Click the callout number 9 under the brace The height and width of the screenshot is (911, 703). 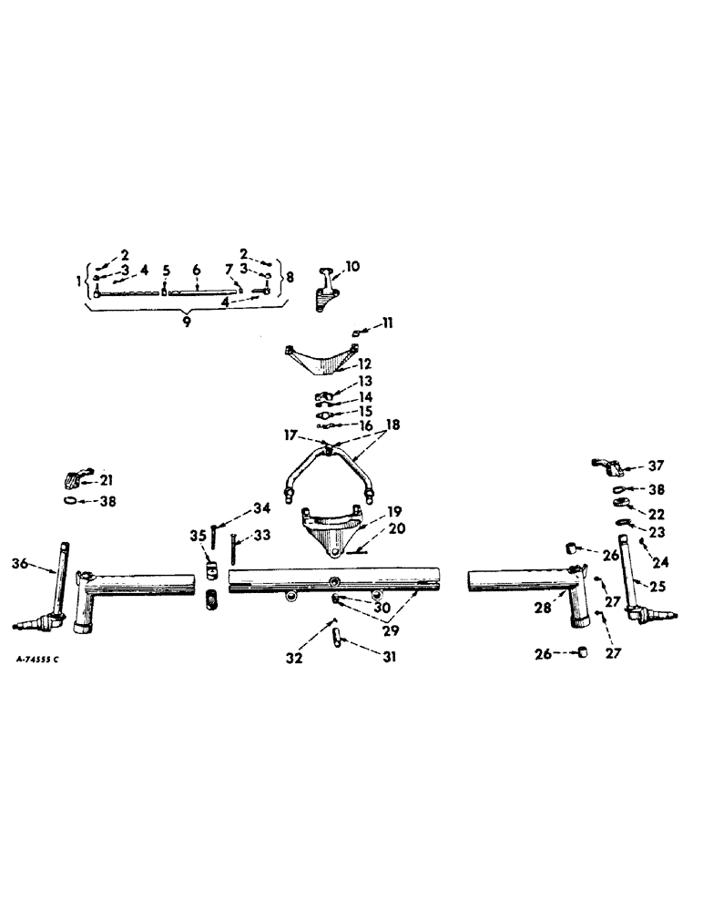186,322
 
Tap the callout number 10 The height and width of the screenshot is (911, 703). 351,268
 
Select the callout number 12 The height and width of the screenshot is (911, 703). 365,363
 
